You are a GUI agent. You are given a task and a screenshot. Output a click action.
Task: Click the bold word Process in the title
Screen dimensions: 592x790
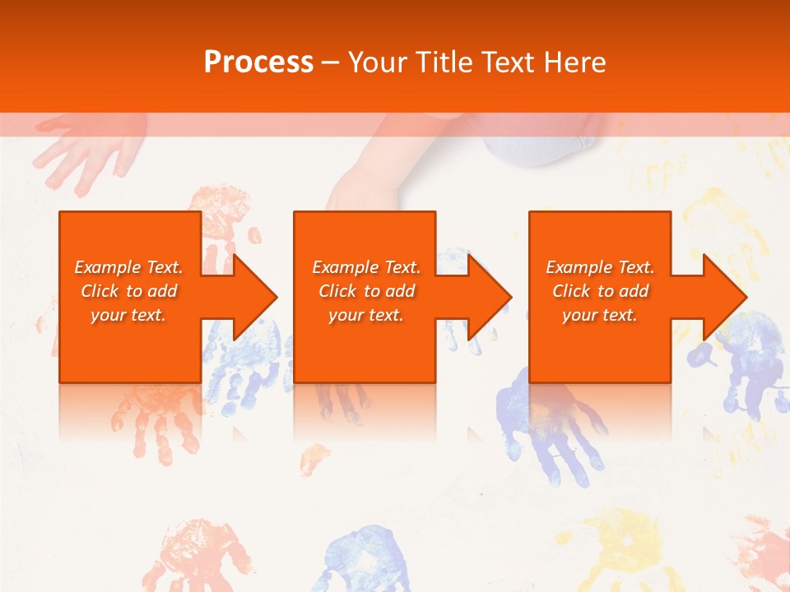click(x=258, y=62)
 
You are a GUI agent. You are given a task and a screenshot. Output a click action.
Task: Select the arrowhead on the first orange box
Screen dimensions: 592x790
click(x=250, y=297)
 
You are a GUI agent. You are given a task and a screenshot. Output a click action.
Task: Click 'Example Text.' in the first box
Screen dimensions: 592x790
click(x=128, y=267)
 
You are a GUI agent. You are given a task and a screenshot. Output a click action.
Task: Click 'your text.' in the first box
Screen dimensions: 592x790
click(x=128, y=315)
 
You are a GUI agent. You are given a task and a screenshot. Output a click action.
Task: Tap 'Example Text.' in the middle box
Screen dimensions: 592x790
click(x=366, y=267)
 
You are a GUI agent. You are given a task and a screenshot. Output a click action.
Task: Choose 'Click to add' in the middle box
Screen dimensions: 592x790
click(x=366, y=291)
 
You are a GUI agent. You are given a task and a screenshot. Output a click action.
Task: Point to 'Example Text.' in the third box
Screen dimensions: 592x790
click(x=600, y=267)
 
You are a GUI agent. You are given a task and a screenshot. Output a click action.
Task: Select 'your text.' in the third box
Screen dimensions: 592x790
click(x=600, y=315)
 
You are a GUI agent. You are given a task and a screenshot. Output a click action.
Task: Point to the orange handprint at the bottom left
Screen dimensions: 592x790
click(x=185, y=555)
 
